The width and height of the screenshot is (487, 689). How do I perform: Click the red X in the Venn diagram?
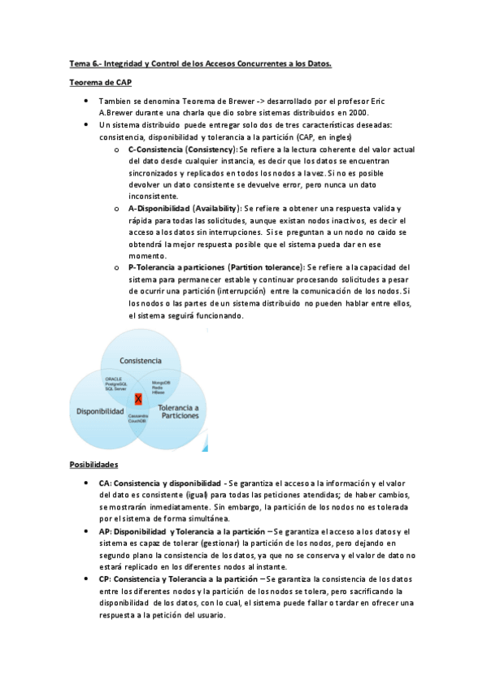click(138, 399)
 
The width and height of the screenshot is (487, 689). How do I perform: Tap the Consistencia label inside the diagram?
click(140, 360)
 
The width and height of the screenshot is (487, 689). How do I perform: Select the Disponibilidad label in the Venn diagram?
click(100, 412)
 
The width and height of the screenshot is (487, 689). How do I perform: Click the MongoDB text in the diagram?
click(161, 381)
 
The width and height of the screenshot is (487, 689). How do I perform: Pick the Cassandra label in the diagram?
click(137, 416)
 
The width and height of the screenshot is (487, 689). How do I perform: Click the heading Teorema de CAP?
click(100, 82)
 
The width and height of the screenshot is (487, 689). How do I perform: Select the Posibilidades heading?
click(94, 464)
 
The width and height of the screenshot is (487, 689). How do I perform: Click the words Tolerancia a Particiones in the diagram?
click(177, 410)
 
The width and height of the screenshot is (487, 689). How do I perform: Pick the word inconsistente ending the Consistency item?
click(153, 197)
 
